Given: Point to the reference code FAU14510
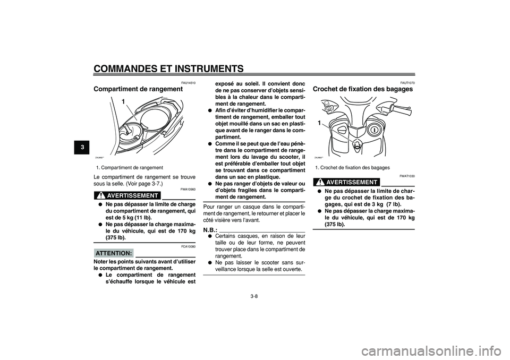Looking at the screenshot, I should point(188,82).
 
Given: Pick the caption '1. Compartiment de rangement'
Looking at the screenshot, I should point(130,167).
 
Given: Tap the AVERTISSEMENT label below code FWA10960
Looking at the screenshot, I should point(131,195).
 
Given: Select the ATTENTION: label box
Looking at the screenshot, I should point(113,253).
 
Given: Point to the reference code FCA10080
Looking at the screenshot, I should point(188,246).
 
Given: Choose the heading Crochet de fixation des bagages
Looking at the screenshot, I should point(363,89).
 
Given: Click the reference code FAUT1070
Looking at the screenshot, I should point(407,82).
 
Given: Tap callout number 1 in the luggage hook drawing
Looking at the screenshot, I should point(320,123).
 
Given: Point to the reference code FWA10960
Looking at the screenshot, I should point(188,188).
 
